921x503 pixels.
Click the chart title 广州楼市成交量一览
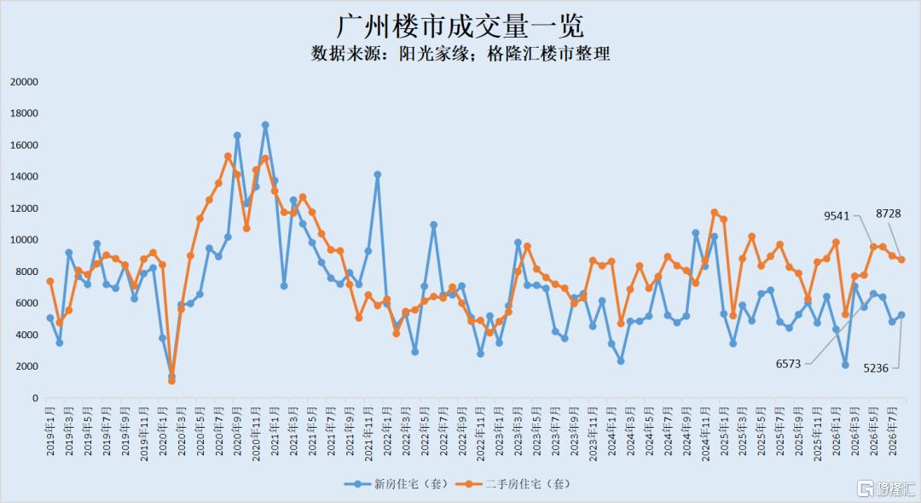460,26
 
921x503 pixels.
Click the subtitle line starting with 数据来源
460,54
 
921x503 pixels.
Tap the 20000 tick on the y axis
24,82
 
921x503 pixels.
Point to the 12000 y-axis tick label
24,208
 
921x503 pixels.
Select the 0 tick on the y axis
35,398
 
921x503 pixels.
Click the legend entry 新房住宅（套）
397,484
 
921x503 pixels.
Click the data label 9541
837,216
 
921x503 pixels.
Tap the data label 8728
888,213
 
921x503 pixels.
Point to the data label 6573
788,364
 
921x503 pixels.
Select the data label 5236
876,368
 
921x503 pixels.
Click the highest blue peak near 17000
265,125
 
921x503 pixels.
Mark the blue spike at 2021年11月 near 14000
378,175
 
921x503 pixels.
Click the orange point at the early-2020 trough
171,381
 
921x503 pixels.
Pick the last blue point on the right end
901,315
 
